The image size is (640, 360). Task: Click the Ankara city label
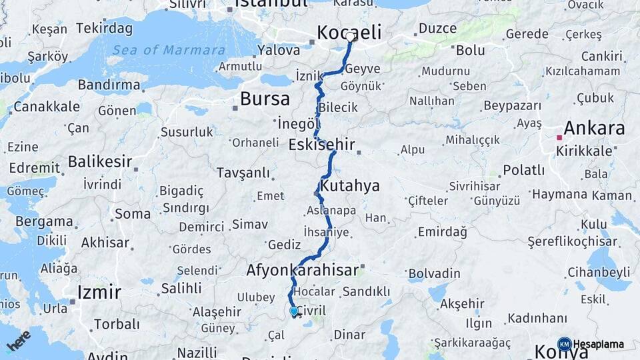pyautogui.click(x=594, y=128)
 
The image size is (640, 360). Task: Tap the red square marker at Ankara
pyautogui.click(x=560, y=137)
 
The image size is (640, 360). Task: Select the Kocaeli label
pyautogui.click(x=349, y=32)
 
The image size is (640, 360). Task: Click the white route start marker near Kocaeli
pyautogui.click(x=351, y=37)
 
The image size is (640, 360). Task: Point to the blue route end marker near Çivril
pyautogui.click(x=293, y=310)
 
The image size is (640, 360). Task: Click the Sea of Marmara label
pyautogui.click(x=168, y=51)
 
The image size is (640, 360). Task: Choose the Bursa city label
pyautogui.click(x=265, y=99)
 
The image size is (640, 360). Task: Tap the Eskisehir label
pyautogui.click(x=321, y=145)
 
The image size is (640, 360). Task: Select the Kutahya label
pyautogui.click(x=349, y=185)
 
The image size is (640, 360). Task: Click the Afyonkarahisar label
pyautogui.click(x=303, y=271)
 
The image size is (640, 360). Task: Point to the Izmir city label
pyautogui.click(x=99, y=292)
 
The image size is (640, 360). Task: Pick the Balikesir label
pyautogui.click(x=100, y=161)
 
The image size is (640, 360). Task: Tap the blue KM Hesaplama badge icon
pyautogui.click(x=565, y=344)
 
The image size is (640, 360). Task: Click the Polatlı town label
pyautogui.click(x=523, y=170)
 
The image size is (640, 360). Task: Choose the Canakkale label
pyautogui.click(x=47, y=107)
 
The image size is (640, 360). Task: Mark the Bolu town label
pyautogui.click(x=470, y=50)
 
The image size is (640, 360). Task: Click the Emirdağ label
pyautogui.click(x=442, y=232)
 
